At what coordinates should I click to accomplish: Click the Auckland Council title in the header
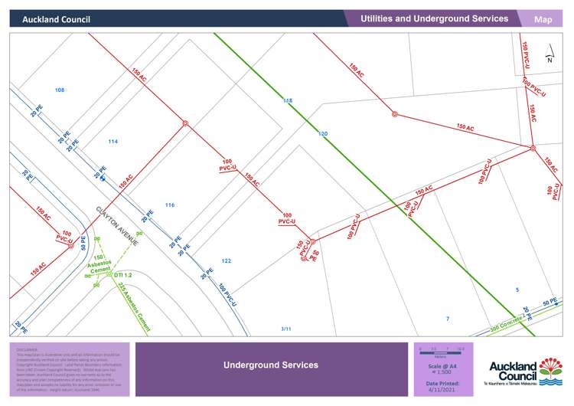[x=56, y=19]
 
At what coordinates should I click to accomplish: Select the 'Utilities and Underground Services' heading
[x=434, y=18]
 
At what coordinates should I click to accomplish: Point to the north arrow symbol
[x=549, y=57]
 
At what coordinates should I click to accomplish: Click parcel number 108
[x=60, y=90]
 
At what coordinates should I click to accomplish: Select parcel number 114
[x=113, y=142]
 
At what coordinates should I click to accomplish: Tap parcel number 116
[x=170, y=205]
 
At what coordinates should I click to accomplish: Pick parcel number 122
[x=227, y=261]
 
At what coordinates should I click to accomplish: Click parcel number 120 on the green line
[x=323, y=134]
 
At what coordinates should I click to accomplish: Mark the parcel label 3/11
[x=286, y=329]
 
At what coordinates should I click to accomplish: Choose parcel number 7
[x=448, y=318]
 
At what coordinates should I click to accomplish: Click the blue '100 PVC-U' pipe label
[x=227, y=297]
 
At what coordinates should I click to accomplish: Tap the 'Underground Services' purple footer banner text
[x=271, y=365]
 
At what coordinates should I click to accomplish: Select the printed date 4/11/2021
[x=443, y=389]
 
